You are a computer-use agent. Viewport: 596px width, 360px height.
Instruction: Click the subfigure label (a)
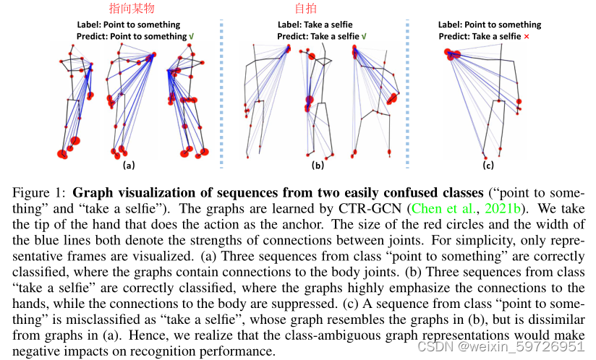point(129,165)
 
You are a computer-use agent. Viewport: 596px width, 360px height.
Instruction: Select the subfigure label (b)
point(317,166)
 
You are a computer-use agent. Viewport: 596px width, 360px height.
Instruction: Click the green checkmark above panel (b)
point(364,35)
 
